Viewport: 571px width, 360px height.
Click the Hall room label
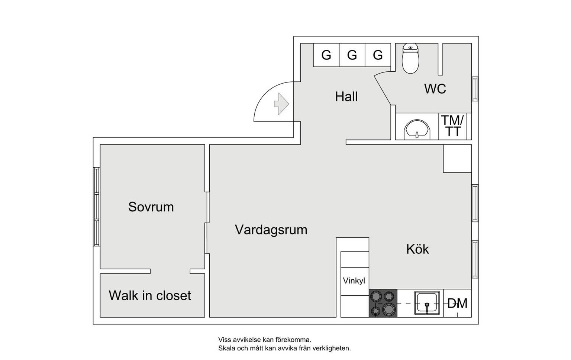tap(346, 97)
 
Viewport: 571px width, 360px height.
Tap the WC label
tap(435, 89)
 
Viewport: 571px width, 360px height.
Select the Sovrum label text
tap(151, 207)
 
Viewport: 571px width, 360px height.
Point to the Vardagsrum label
tap(271, 230)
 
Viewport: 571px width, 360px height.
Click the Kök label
tap(417, 249)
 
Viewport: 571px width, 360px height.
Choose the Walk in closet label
tap(150, 295)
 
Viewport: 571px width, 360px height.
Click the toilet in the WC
tap(410, 58)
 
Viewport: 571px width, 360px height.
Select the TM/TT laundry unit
tap(452, 126)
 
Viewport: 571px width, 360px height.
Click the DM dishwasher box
tap(457, 303)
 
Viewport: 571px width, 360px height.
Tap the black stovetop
tap(383, 303)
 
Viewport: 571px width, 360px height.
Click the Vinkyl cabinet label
tap(354, 281)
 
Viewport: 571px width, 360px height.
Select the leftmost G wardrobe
tap(326, 55)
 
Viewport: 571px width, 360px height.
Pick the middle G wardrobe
tap(352, 55)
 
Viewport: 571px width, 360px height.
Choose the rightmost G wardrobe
tap(378, 55)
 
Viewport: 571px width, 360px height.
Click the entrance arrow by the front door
tap(281, 104)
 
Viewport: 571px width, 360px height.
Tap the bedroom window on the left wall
tap(97, 207)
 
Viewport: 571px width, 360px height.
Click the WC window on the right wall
tap(475, 89)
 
